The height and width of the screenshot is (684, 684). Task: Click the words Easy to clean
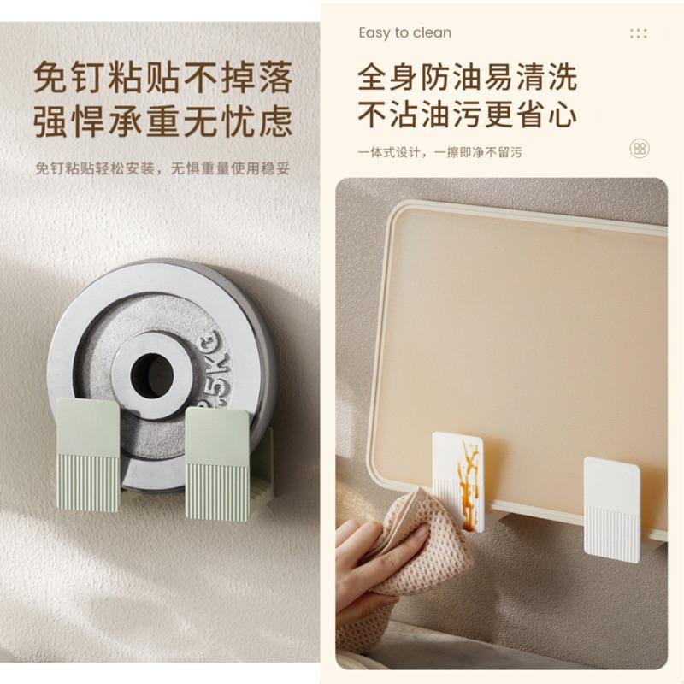pos(404,33)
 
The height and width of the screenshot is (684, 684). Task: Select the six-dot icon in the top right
pos(638,33)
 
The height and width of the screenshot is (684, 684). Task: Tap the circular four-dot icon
pos(639,149)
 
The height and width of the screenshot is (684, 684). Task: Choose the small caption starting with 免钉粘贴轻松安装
pos(163,168)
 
